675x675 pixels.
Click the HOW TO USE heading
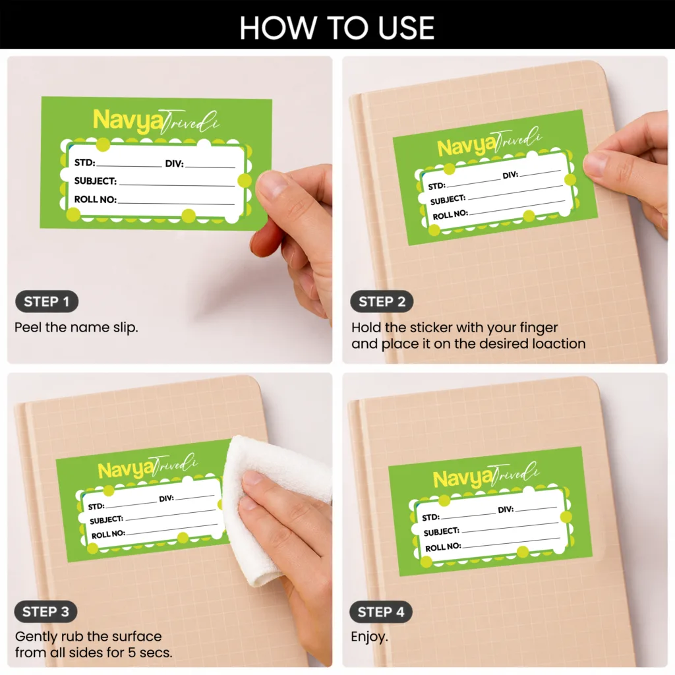tap(337, 28)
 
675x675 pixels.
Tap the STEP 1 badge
tap(47, 301)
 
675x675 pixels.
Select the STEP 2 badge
tap(382, 301)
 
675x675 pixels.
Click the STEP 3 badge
tap(45, 612)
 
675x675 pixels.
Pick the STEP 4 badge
tap(381, 612)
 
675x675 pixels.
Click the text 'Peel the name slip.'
tap(76, 328)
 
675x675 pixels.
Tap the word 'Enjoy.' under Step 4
tap(369, 637)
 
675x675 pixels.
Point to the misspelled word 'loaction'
tap(559, 343)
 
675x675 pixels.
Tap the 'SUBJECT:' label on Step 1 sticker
tap(96, 181)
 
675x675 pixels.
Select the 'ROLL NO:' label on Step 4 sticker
tap(443, 547)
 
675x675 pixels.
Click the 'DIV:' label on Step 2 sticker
tap(511, 175)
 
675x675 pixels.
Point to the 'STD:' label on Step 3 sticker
tap(96, 506)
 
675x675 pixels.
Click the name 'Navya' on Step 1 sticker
tap(128, 121)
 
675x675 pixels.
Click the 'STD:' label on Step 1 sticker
tap(85, 163)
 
